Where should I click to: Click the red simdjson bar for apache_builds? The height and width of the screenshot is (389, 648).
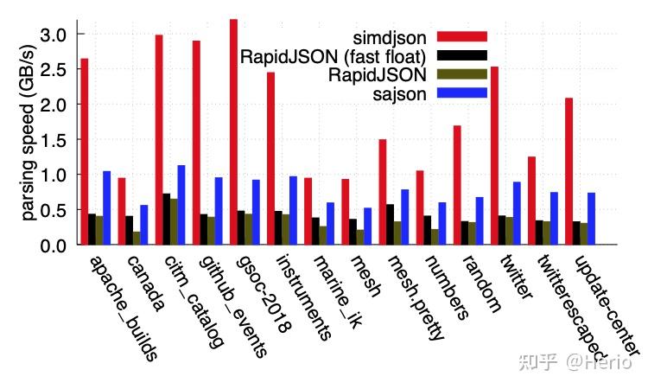(x=84, y=151)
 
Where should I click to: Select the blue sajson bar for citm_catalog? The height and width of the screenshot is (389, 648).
(x=181, y=205)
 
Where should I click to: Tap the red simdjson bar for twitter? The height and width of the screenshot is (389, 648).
(x=494, y=156)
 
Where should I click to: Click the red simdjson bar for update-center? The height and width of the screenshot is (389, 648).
(x=569, y=171)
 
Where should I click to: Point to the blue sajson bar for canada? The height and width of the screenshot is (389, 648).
(x=144, y=225)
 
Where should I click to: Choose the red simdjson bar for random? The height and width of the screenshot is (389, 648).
(x=457, y=185)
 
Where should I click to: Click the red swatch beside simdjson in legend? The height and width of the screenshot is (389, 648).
(x=462, y=36)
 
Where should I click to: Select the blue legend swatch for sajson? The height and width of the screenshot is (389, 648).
(x=462, y=93)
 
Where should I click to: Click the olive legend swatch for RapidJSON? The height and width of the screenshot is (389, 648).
(x=462, y=74)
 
